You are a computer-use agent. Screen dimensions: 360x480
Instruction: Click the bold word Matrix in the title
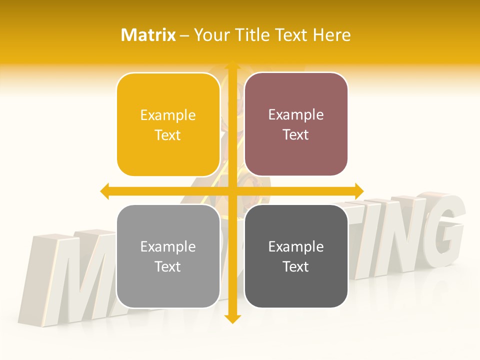pos(148,35)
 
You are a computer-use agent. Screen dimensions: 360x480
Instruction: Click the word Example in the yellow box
pos(168,115)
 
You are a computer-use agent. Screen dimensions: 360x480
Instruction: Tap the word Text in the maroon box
pos(295,135)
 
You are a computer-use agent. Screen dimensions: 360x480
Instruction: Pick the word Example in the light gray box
pos(168,247)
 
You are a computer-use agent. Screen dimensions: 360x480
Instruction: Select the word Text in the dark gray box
pos(295,267)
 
